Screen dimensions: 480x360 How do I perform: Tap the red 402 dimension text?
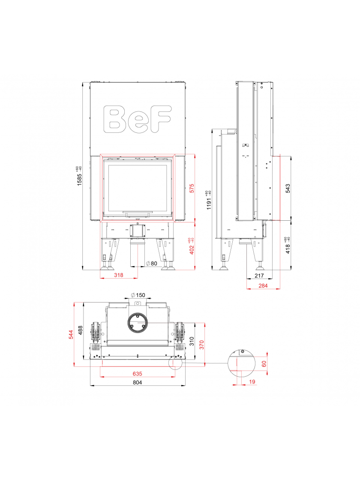pos(192,246)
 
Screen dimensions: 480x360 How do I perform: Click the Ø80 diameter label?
pos(152,263)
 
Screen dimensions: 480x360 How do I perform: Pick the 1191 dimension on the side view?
pos(209,199)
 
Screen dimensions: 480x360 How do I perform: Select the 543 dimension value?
pos(288,188)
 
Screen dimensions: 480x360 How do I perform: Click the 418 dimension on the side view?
pos(288,245)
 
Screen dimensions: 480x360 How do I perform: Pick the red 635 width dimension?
pos(138,373)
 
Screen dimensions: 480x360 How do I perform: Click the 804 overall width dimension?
pos(137,382)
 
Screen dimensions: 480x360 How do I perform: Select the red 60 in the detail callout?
pos(264,363)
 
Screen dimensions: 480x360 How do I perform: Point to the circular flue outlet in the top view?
pos(138,322)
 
